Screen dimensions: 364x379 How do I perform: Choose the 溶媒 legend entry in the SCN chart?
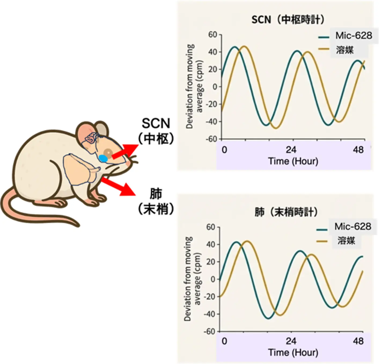(x=345, y=50)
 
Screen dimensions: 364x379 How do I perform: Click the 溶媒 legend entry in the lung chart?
(x=346, y=241)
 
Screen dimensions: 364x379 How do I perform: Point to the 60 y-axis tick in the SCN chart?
(x=213, y=35)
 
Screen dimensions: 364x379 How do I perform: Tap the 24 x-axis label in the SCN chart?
(x=291, y=150)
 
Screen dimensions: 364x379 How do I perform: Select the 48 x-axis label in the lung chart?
(x=358, y=341)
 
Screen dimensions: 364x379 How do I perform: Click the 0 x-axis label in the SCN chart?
(x=224, y=150)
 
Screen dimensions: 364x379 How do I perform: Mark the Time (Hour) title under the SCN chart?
(x=293, y=161)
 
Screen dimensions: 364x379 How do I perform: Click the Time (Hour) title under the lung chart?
(x=293, y=352)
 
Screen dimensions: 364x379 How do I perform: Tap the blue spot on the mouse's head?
(x=103, y=158)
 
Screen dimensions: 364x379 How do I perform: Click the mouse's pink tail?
(x=32, y=212)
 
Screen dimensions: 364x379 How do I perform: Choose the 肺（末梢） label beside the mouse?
(x=156, y=201)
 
